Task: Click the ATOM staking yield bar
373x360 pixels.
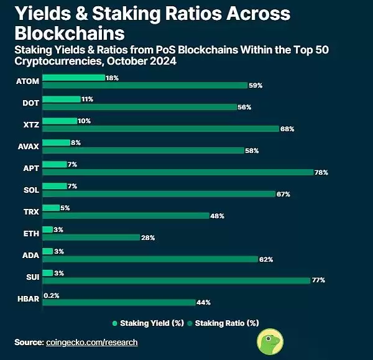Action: (x=73, y=78)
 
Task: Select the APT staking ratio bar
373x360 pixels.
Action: (x=177, y=172)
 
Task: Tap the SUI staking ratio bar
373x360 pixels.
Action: (x=176, y=280)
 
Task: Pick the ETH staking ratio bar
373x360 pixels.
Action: (x=91, y=237)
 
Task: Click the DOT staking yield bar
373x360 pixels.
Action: (x=62, y=99)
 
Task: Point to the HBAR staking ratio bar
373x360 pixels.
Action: (x=118, y=302)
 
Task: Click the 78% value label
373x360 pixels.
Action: (x=321, y=172)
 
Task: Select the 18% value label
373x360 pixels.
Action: (x=112, y=78)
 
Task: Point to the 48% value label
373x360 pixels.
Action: (x=217, y=216)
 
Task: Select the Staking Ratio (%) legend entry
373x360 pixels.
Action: (x=226, y=323)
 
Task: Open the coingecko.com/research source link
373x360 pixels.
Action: (x=91, y=343)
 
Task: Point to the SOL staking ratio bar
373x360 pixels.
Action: (x=159, y=194)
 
